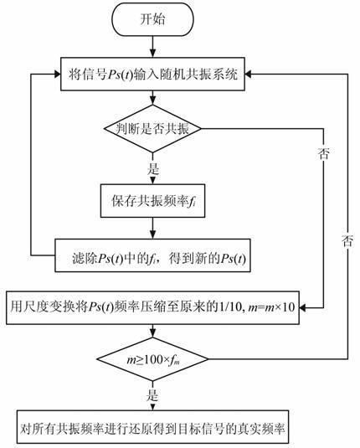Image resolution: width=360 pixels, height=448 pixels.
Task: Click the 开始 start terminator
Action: (x=152, y=19)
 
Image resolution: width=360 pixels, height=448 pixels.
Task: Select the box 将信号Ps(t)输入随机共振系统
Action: (x=152, y=74)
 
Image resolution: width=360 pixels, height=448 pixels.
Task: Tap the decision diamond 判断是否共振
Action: (x=152, y=129)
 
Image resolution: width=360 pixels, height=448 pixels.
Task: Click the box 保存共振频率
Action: (x=152, y=201)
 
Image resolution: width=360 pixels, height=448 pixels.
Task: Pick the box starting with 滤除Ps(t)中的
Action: (x=152, y=255)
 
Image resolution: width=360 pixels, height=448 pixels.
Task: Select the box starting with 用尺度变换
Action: (x=152, y=307)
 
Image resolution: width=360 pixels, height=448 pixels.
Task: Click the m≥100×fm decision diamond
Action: (x=152, y=359)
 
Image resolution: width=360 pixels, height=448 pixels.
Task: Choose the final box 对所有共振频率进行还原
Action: (x=152, y=427)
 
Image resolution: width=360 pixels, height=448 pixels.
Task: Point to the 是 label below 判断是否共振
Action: (x=153, y=169)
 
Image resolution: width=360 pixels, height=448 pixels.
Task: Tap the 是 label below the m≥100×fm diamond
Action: (x=152, y=395)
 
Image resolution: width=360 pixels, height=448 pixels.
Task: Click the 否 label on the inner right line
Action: (x=324, y=153)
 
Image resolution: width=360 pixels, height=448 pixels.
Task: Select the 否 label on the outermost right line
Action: (x=347, y=241)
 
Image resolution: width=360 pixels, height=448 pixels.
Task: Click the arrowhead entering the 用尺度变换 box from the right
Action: (x=302, y=307)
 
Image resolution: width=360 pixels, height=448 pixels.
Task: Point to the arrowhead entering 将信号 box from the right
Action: (x=249, y=75)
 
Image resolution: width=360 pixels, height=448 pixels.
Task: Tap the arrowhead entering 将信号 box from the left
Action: (x=57, y=75)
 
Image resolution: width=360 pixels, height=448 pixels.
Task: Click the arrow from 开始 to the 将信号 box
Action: (x=152, y=47)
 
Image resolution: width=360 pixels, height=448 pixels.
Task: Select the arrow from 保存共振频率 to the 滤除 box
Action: (x=152, y=228)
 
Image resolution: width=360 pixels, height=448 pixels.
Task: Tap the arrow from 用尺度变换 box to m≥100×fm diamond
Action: (x=152, y=331)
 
